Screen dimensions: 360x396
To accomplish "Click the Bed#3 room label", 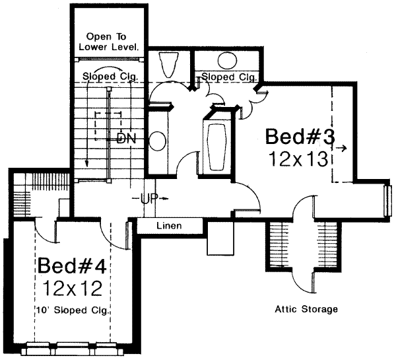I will pos(301,137).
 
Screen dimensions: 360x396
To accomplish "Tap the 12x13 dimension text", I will pos(301,159).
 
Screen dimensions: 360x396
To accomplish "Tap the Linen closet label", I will pos(169,226).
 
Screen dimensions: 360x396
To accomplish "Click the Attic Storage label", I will pos(306,308).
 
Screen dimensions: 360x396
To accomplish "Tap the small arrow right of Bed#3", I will pos(341,149).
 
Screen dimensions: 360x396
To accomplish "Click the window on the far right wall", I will pos(387,198).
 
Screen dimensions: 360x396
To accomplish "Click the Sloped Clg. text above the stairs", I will pos(110,77).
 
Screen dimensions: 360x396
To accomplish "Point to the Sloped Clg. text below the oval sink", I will pos(228,77).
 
